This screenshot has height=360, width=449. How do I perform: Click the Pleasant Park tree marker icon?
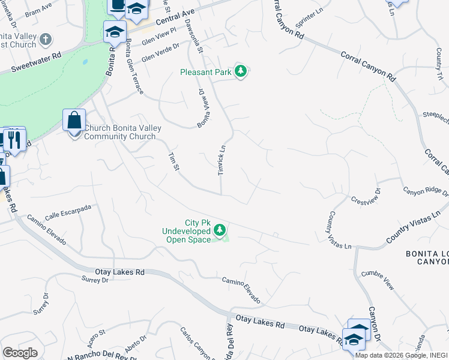[x=241, y=72]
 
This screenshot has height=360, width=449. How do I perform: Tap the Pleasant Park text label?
[x=206, y=72]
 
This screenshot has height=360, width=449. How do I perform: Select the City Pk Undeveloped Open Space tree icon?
[x=220, y=230]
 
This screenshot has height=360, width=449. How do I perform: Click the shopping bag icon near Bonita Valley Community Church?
[x=74, y=120]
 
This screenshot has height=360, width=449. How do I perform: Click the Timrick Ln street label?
[x=221, y=160]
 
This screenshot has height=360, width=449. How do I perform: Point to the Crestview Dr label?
[x=366, y=196]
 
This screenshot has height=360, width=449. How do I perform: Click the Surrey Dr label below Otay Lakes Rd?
[x=95, y=280]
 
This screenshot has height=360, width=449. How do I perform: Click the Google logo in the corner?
[x=20, y=353]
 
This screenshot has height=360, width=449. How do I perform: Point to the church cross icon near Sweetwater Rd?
[x=45, y=40]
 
